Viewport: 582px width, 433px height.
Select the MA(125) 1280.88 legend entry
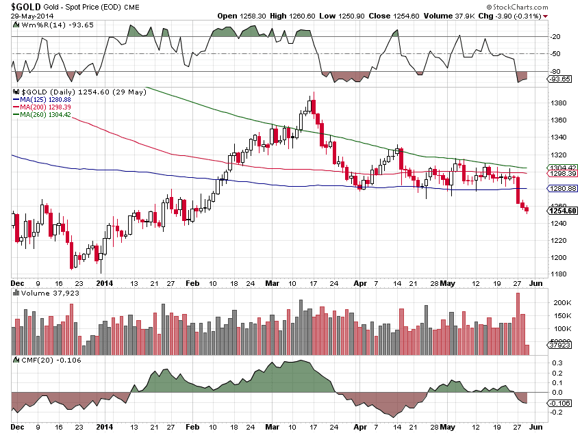tap(41, 99)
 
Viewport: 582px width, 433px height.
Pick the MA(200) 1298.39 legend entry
tap(41, 107)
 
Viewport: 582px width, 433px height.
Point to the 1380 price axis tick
tap(559, 103)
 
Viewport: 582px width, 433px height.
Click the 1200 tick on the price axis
tap(559, 258)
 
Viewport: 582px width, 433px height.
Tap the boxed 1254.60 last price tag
tap(563, 211)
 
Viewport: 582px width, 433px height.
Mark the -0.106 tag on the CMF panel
tap(561, 403)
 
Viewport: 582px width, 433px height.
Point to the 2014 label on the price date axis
tap(105, 282)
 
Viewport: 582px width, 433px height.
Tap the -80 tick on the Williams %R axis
tap(556, 71)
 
